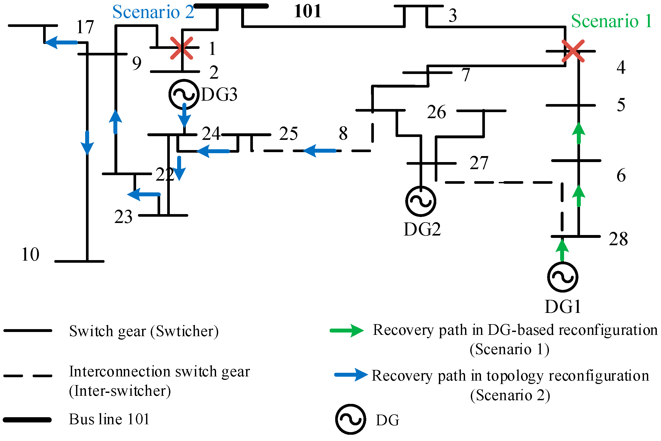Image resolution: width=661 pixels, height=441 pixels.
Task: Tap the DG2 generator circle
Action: pyautogui.click(x=421, y=201)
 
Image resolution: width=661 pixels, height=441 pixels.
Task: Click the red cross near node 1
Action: pyautogui.click(x=182, y=48)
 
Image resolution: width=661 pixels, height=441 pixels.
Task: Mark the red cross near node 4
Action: pyautogui.click(x=573, y=51)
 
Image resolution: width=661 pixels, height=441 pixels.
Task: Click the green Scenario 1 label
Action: pyautogui.click(x=611, y=21)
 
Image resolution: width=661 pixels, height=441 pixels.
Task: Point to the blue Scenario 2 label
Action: pyautogui.click(x=153, y=12)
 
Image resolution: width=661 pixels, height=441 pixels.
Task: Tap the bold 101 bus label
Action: pyautogui.click(x=308, y=12)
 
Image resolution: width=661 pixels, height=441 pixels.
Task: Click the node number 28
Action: pyautogui.click(x=618, y=239)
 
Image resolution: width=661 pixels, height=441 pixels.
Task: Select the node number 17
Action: pyautogui.click(x=85, y=27)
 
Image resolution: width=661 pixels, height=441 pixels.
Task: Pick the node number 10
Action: pyautogui.click(x=30, y=255)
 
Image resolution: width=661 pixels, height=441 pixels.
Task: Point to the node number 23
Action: pyautogui.click(x=123, y=217)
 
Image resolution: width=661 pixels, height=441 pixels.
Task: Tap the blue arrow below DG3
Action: pyautogui.click(x=184, y=115)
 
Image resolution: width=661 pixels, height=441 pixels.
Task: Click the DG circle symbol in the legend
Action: pyautogui.click(x=350, y=419)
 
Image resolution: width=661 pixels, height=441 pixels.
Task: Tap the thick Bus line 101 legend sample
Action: pyautogui.click(x=27, y=420)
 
